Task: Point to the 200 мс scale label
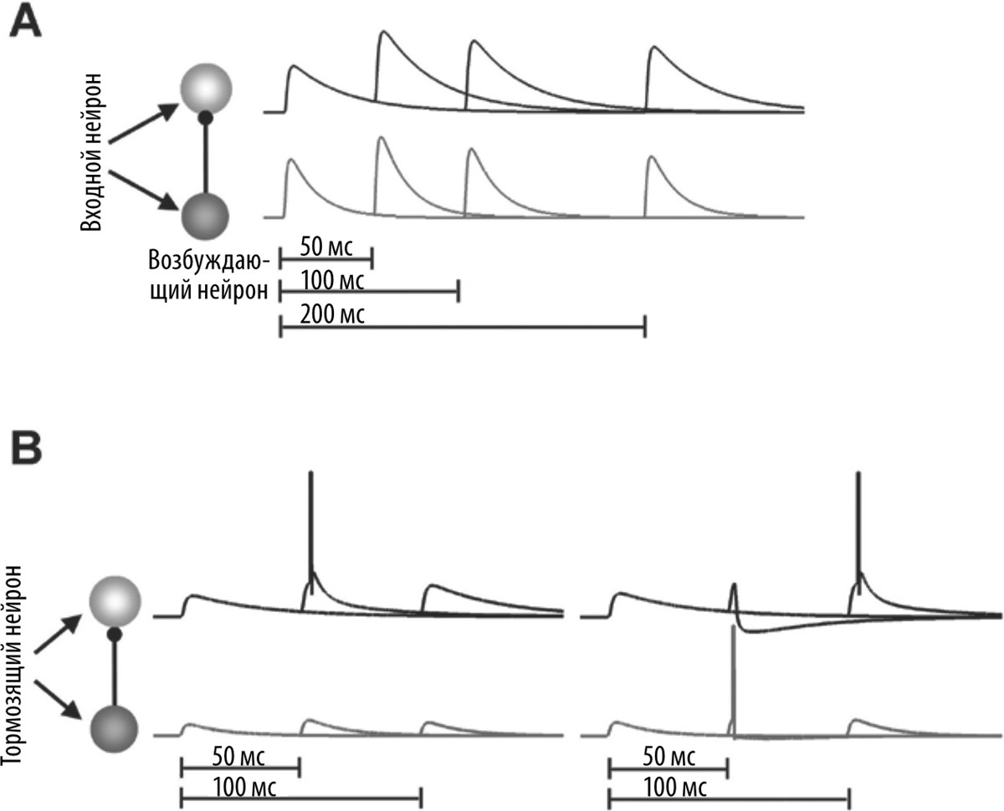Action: tap(321, 315)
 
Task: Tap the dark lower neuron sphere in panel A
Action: tap(205, 216)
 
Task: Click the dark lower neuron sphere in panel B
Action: tap(112, 729)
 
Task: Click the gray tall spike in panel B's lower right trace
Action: tap(733, 677)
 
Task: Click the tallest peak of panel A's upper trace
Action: tap(383, 33)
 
